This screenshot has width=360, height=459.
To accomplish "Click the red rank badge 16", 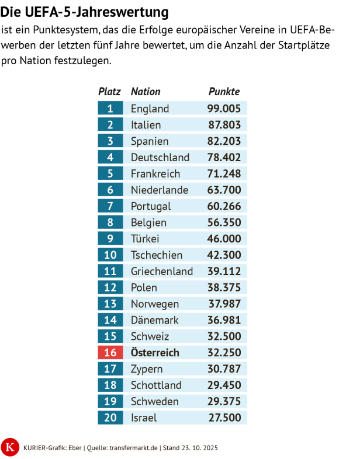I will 110,353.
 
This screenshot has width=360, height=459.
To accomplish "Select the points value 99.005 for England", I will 224,109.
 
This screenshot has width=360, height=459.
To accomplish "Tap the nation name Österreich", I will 155,353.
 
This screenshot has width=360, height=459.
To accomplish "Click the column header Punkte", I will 224,92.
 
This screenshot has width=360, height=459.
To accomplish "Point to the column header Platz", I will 110,92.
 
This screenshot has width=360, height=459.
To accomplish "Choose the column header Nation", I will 146,92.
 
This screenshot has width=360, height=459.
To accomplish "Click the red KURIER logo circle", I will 10,447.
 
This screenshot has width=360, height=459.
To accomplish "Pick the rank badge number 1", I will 110,109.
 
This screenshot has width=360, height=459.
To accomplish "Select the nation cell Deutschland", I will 160,158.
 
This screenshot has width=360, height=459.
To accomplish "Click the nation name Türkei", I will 145,239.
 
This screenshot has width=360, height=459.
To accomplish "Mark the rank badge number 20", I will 110,418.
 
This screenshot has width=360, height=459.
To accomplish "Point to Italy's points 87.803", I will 224,125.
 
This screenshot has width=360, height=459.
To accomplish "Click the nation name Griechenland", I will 162,272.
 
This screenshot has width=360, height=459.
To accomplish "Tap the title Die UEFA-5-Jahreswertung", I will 84,12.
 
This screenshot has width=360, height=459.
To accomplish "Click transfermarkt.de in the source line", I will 135,447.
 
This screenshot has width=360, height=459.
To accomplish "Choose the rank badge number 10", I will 110,255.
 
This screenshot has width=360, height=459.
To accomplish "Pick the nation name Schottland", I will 156,385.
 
